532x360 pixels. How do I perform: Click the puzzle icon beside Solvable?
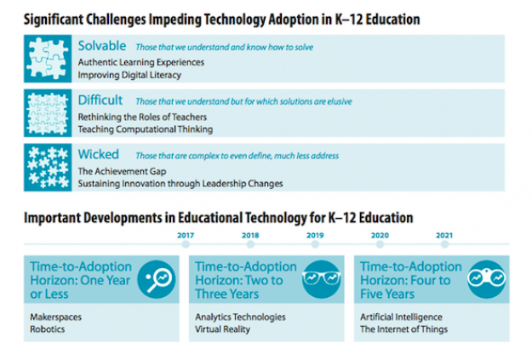point(48,59)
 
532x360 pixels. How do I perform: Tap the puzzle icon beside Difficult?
point(48,113)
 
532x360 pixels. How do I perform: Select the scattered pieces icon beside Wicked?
point(48,168)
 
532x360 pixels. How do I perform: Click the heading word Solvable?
point(102,46)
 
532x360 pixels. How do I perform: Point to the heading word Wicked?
point(99,154)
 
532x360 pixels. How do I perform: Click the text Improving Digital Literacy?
point(129,75)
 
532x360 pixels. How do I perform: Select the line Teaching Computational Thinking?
point(146,129)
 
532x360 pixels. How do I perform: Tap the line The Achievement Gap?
point(122,171)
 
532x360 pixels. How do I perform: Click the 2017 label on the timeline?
point(186,235)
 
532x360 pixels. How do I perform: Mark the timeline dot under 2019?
point(315,244)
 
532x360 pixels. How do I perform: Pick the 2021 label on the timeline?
point(444,235)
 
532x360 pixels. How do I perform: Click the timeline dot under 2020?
point(380,244)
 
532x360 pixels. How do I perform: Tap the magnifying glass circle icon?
point(157,279)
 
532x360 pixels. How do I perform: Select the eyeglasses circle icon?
point(321,279)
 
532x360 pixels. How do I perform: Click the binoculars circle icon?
point(487,279)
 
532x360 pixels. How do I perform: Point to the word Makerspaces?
point(56,317)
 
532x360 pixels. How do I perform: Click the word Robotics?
point(48,329)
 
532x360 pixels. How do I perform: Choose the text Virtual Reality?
point(222,329)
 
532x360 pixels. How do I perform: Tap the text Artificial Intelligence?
point(402,317)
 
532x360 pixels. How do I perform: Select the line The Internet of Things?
point(404,329)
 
